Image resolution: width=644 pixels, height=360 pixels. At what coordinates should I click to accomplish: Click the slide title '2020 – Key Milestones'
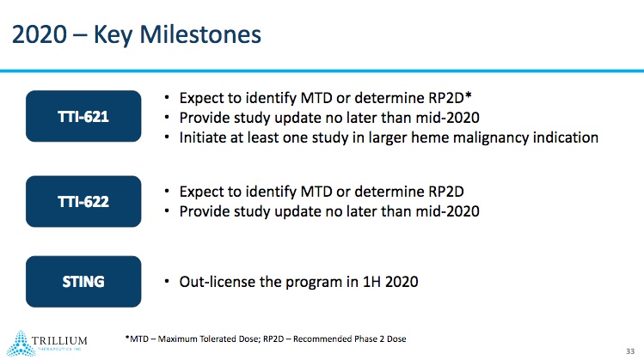(136, 35)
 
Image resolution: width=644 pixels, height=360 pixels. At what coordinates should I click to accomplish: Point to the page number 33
(629, 351)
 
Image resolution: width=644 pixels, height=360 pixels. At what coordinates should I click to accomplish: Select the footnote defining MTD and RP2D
(265, 339)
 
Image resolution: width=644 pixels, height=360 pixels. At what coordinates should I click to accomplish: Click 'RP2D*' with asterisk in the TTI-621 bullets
(447, 97)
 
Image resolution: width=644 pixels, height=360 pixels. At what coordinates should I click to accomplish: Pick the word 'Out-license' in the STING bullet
(218, 281)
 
